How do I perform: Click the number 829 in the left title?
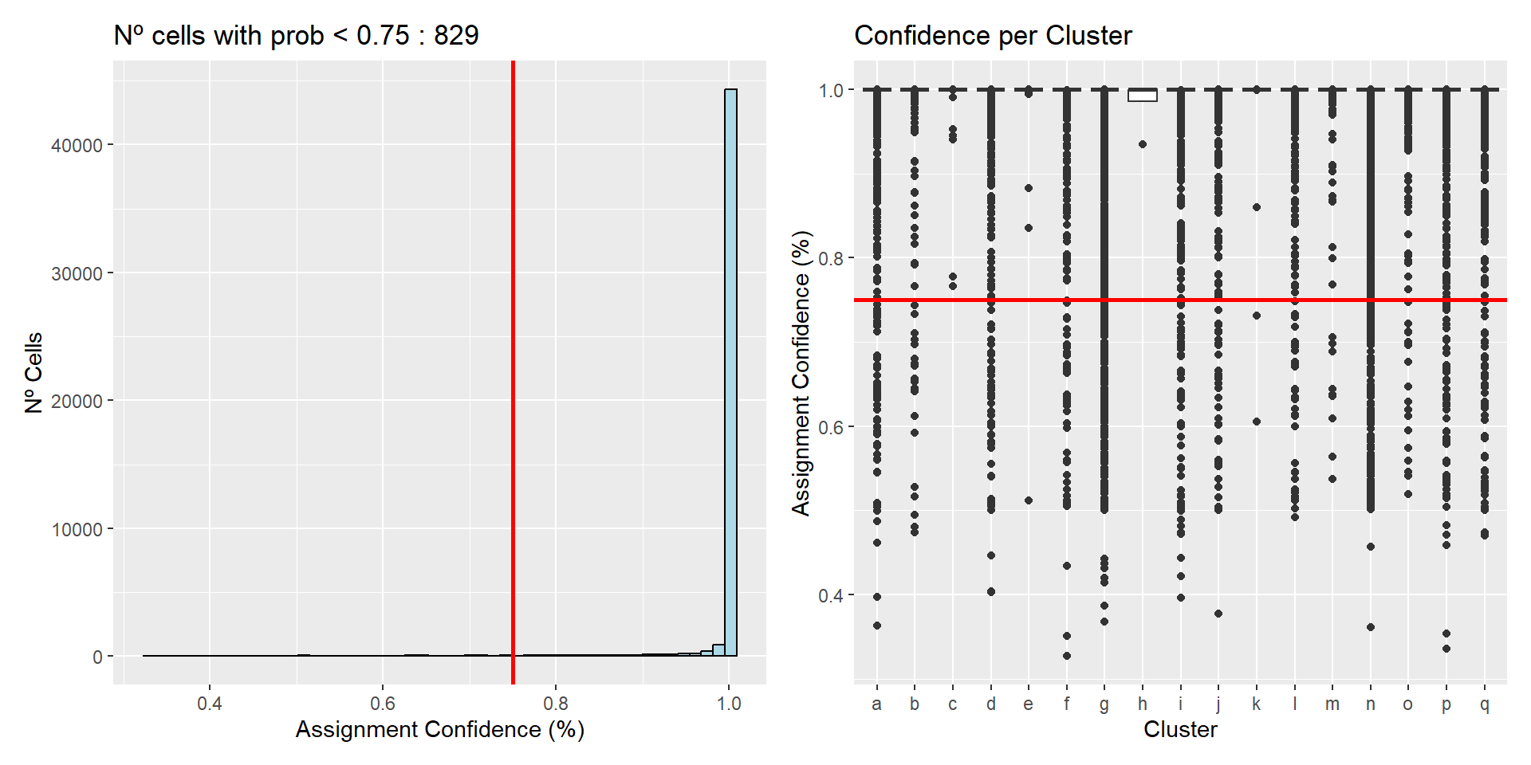click(456, 36)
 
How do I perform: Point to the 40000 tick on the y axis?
click(77, 145)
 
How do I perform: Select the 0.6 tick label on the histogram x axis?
click(383, 704)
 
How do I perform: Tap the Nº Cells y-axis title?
click(33, 373)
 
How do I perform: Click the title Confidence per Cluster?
click(993, 36)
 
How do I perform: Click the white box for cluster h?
click(1143, 96)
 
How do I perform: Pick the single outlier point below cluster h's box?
click(1143, 144)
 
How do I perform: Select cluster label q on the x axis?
click(1484, 704)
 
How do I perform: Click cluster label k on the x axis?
click(1257, 704)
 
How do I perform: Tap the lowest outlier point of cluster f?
click(1067, 656)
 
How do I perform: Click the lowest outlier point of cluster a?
click(877, 626)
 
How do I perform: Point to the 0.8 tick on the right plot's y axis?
click(831, 258)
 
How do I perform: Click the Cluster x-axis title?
click(1180, 729)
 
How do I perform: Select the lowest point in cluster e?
click(1029, 500)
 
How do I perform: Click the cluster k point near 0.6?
click(1257, 422)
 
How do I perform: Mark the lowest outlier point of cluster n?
click(1371, 627)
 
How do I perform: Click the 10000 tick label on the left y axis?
click(77, 530)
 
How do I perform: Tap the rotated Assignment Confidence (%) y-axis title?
click(801, 373)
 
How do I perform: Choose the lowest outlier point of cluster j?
click(1218, 614)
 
